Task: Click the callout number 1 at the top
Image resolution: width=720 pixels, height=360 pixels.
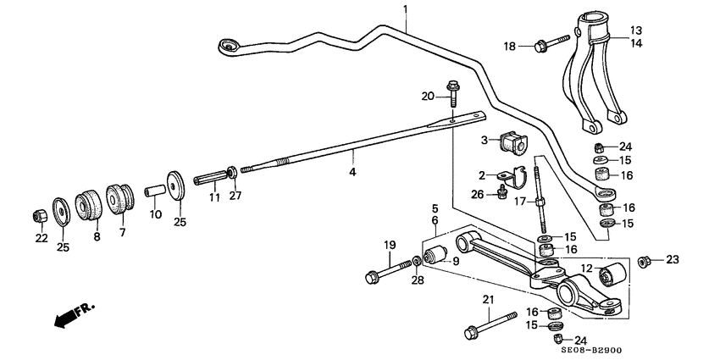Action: [405, 9]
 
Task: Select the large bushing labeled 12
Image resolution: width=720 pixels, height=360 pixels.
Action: [612, 275]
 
